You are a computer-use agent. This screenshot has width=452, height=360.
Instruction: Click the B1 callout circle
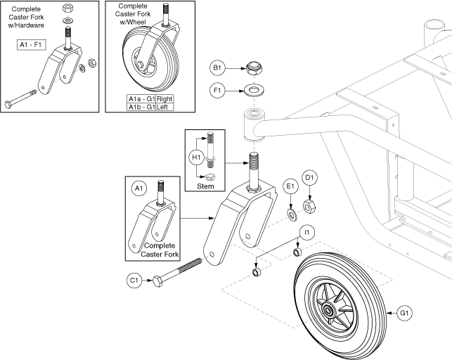[x=217, y=69]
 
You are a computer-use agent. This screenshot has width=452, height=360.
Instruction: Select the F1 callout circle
[x=217, y=90]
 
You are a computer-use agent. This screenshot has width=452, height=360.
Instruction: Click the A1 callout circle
[x=138, y=188]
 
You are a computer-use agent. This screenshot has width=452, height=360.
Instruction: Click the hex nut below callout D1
[x=308, y=207]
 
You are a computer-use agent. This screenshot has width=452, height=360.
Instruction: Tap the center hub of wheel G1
[x=329, y=307]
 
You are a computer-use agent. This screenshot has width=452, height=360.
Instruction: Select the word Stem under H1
[x=205, y=186]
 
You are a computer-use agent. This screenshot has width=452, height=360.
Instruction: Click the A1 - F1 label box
[x=33, y=46]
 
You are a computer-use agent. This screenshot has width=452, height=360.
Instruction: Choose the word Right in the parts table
[x=164, y=98]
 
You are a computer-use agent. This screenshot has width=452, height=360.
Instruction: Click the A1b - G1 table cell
[x=141, y=107]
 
